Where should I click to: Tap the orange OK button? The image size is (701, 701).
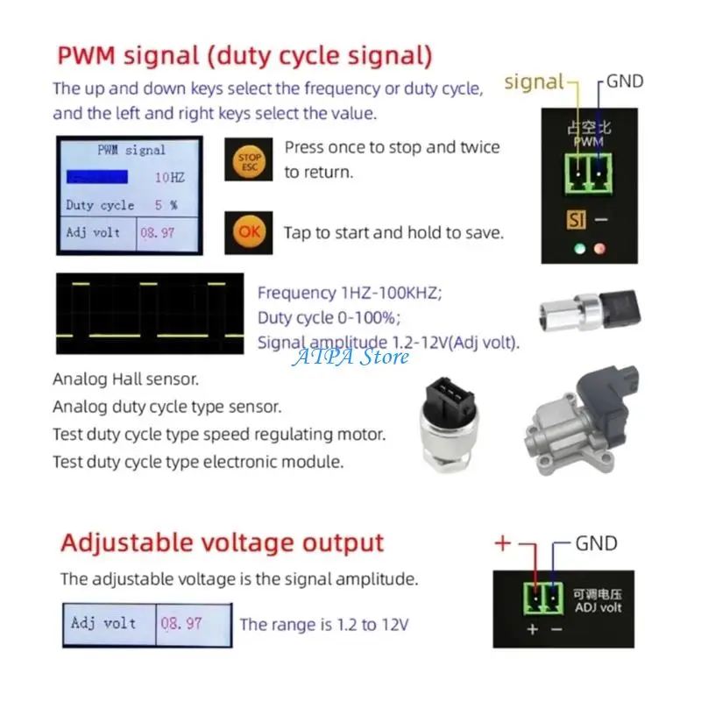tap(249, 233)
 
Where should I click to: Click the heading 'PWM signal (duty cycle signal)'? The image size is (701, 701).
tap(245, 57)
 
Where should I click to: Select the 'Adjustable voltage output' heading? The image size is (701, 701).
tap(222, 543)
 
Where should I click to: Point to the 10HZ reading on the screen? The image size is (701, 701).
tap(169, 177)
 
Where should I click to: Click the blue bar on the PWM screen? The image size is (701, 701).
tap(96, 177)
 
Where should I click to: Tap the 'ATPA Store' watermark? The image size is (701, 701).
tap(350, 357)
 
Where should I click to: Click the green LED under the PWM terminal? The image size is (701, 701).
tap(578, 248)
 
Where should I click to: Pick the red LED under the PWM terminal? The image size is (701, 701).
tap(599, 248)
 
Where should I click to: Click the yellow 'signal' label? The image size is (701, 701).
tap(535, 82)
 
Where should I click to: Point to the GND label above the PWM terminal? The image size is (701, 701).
tap(624, 81)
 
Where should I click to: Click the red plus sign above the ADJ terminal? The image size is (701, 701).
tap(503, 543)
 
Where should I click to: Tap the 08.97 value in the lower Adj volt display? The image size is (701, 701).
tap(182, 624)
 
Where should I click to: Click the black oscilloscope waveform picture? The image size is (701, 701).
tap(149, 313)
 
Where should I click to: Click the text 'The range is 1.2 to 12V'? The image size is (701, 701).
tap(324, 625)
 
